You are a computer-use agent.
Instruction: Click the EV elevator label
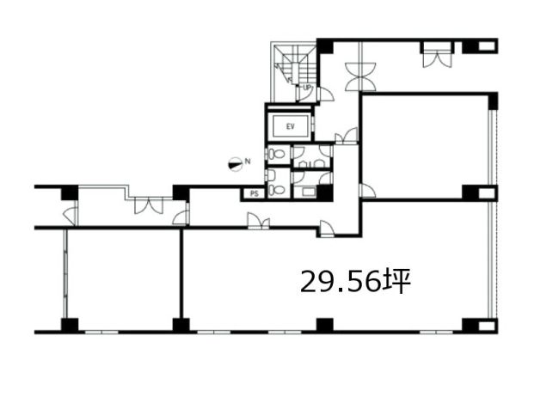pyautogui.click(x=291, y=126)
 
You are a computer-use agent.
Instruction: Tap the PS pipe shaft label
pyautogui.click(x=254, y=194)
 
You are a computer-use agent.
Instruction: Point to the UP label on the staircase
pyautogui.click(x=307, y=87)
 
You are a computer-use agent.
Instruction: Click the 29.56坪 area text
pyautogui.click(x=356, y=282)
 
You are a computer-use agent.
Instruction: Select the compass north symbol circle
pyautogui.click(x=234, y=164)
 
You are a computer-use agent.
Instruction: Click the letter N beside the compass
pyautogui.click(x=248, y=162)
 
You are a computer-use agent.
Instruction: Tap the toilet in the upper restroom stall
pyautogui.click(x=277, y=155)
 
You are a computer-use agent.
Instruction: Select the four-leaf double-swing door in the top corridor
pyautogui.click(x=360, y=76)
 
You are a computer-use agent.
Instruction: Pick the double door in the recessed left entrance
pyautogui.click(x=149, y=205)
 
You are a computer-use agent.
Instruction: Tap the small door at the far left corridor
pyautogui.click(x=71, y=216)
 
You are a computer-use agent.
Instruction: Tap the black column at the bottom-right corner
pyautogui.click(x=480, y=325)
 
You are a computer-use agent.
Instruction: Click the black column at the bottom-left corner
pyautogui.click(x=70, y=325)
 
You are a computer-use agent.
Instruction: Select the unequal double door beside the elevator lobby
pyautogui.click(x=347, y=136)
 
